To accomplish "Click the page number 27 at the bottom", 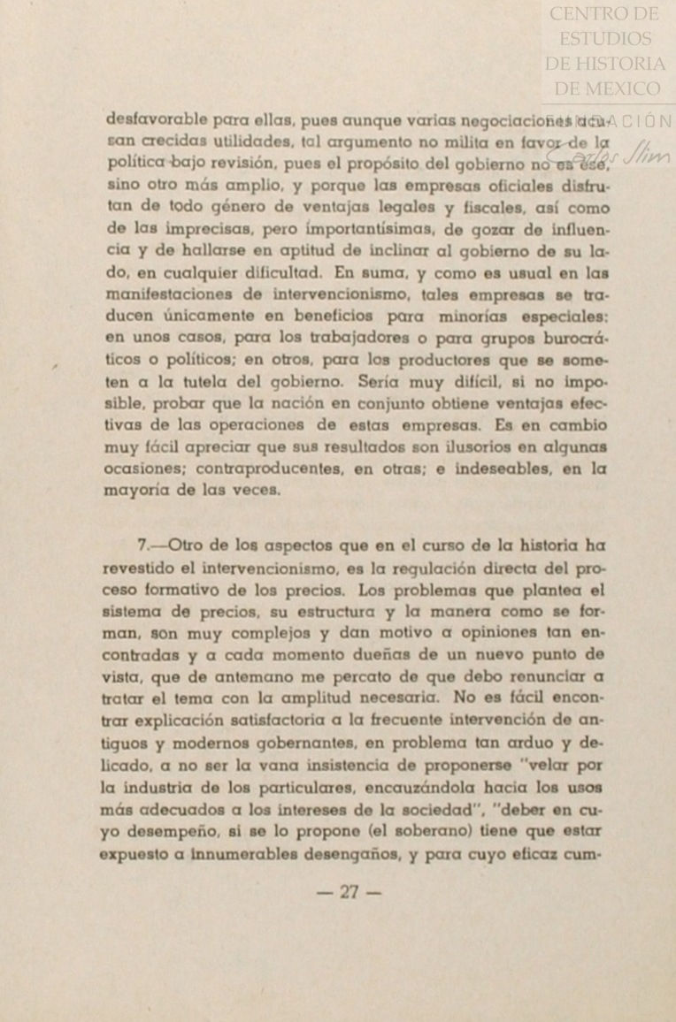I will click(350, 892).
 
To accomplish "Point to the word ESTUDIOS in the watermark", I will click(605, 39).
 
